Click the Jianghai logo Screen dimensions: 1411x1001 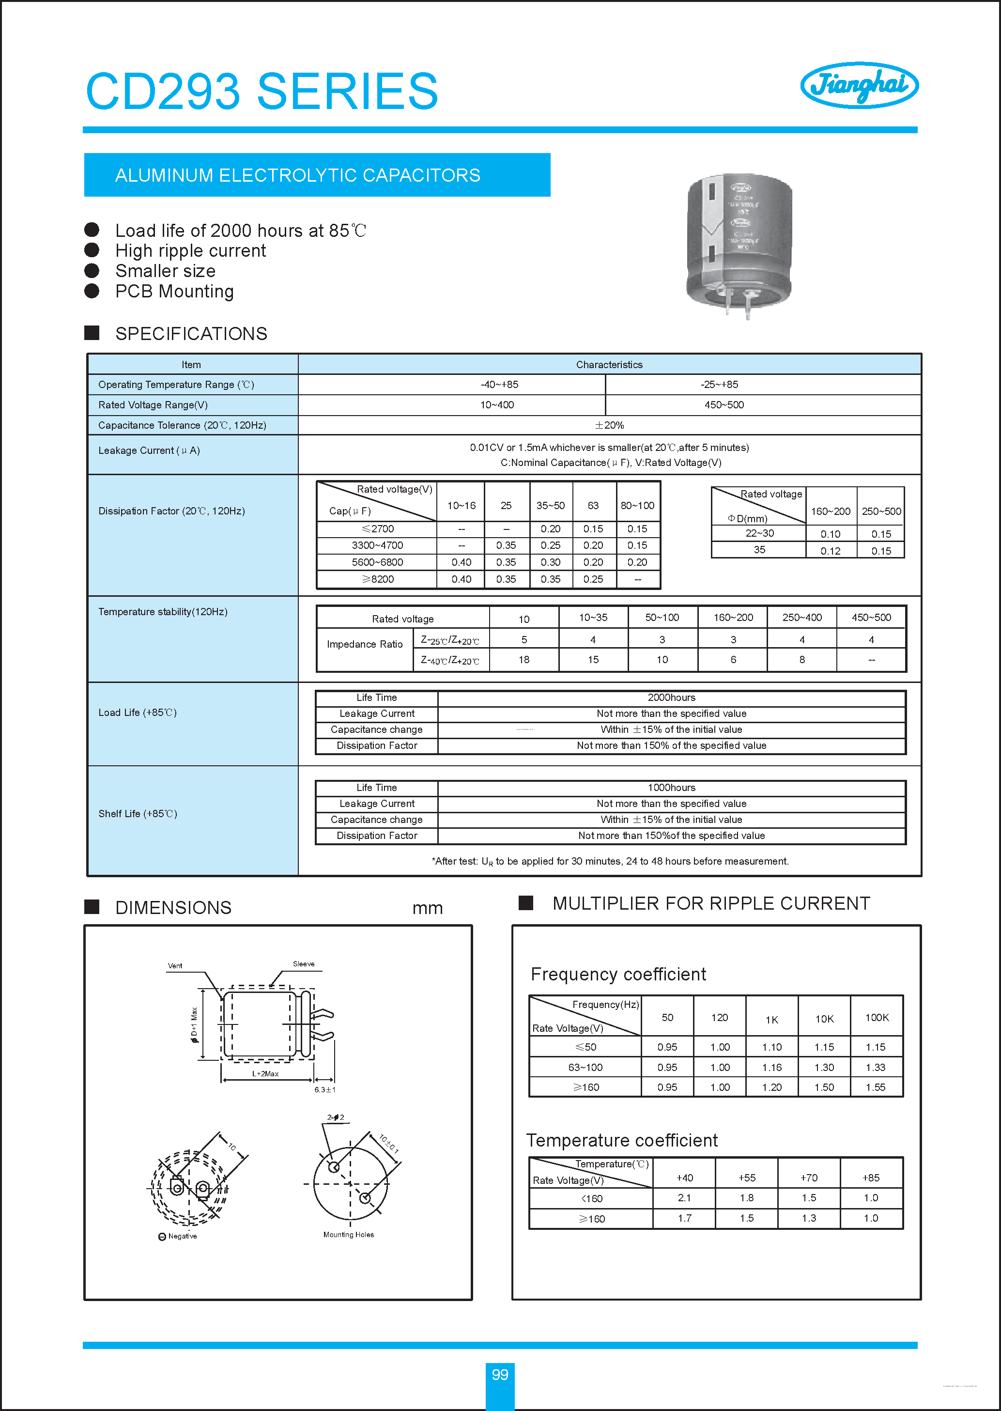tap(859, 85)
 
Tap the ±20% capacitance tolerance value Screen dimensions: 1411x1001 tap(609, 425)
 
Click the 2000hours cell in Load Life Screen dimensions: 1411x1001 tap(671, 697)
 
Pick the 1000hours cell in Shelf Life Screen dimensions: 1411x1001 tap(671, 787)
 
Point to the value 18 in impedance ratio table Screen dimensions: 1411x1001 tap(524, 660)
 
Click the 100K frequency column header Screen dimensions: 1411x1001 tap(876, 1017)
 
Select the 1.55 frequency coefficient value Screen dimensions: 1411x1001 tap(875, 1087)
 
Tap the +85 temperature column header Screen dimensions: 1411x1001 tap(870, 1178)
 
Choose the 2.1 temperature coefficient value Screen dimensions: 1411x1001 tap(684, 1198)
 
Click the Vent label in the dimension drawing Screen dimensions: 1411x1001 tap(175, 966)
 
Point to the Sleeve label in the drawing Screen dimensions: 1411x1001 tap(303, 963)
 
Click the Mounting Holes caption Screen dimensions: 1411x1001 tap(348, 1234)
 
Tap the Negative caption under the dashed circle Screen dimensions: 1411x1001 tap(182, 1236)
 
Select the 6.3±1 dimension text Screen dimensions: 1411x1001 tap(325, 1089)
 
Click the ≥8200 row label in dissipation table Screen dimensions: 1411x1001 tap(377, 579)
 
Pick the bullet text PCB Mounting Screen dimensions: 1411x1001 tap(174, 291)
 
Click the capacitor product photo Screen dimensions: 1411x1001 tap(739, 244)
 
